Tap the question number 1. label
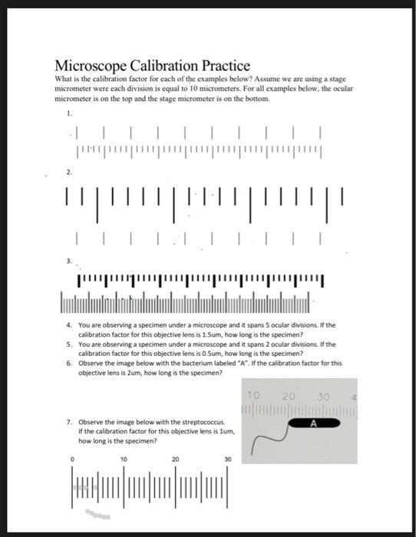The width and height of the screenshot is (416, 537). [69, 114]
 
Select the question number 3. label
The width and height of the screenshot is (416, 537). [69, 262]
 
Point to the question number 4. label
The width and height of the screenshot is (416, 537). [69, 325]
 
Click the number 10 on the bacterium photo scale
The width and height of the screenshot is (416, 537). [255, 397]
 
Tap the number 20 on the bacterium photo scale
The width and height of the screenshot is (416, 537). [289, 397]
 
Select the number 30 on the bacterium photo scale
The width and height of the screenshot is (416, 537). [322, 397]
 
